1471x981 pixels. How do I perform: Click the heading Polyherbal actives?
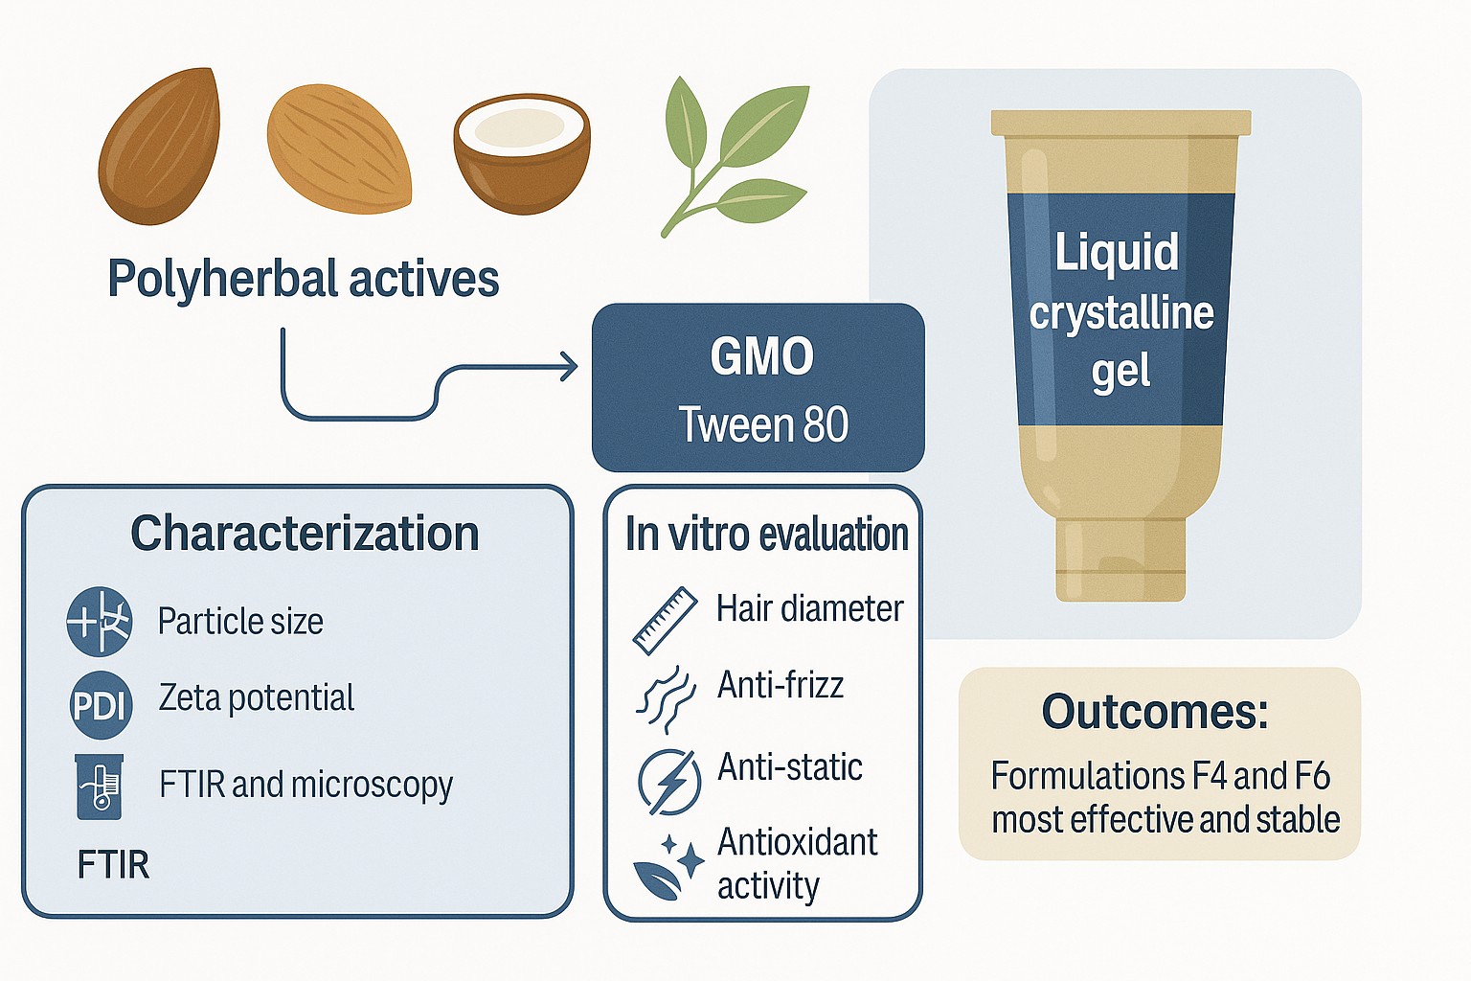tap(303, 279)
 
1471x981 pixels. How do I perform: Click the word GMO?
tap(761, 357)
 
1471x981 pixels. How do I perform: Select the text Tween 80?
tap(763, 425)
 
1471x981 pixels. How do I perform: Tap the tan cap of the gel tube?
tap(1120, 560)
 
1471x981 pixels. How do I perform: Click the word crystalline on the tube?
tap(1121, 313)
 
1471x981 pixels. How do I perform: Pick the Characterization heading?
tap(305, 534)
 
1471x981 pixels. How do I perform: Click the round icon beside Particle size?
tap(100, 622)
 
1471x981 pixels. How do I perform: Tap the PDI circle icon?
tap(100, 706)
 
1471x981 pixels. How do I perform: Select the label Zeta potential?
tap(257, 697)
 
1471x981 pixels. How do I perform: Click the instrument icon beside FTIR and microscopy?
tap(100, 787)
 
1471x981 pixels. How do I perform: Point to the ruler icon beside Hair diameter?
tap(665, 620)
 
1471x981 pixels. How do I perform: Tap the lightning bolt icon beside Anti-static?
tap(668, 781)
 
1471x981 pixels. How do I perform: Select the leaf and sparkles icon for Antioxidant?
tap(668, 866)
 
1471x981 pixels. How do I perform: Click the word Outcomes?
tap(1155, 712)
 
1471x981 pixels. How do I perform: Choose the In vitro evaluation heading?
tap(766, 534)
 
